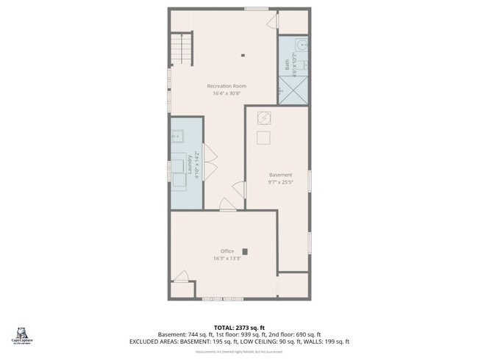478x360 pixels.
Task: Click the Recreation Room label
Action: [x=226, y=86]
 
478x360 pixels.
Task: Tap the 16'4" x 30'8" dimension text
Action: [x=226, y=93]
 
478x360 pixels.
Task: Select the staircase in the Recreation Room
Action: [x=181, y=49]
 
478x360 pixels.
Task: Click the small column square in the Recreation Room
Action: [x=243, y=54]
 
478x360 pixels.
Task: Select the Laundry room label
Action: [x=190, y=162]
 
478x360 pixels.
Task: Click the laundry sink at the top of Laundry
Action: [x=177, y=136]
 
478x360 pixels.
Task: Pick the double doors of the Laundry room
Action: [x=210, y=162]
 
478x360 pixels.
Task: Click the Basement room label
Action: [x=280, y=175]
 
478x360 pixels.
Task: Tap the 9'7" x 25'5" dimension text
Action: [x=280, y=182]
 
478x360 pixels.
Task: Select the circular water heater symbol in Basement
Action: [x=264, y=118]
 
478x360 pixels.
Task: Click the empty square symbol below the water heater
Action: [x=263, y=137]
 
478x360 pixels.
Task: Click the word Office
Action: [x=227, y=251]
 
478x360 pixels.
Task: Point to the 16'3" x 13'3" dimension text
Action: [x=227, y=259]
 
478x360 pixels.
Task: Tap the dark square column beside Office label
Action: [x=245, y=251]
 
